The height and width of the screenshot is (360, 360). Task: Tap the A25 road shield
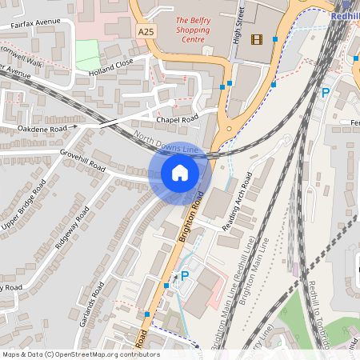pyautogui.click(x=146, y=31)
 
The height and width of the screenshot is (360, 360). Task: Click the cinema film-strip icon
pyautogui.click(x=256, y=39)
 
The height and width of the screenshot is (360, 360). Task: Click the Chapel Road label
pyautogui.click(x=177, y=120)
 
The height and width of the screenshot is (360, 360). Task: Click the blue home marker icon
pyautogui.click(x=180, y=172)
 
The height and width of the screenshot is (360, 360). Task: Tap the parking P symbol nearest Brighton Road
pyautogui.click(x=185, y=276)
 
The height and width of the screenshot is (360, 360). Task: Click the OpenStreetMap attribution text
pyautogui.click(x=81, y=354)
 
